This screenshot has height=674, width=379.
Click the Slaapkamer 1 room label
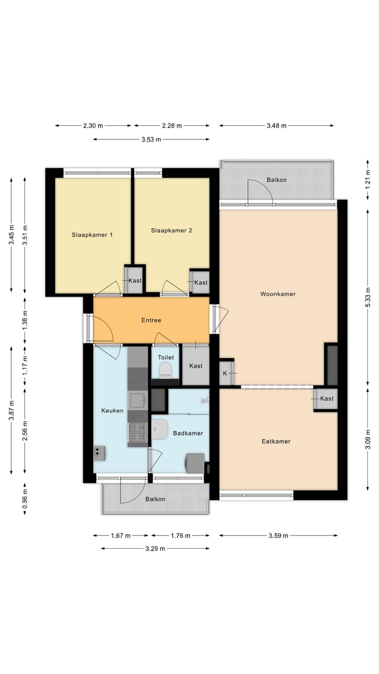tap(92, 235)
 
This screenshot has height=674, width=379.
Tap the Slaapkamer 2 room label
tap(172, 231)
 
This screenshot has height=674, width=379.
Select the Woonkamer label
tap(278, 294)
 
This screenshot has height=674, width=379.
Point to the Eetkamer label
tap(276, 441)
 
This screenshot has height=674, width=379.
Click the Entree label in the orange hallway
tap(151, 320)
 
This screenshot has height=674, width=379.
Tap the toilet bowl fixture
tap(165, 370)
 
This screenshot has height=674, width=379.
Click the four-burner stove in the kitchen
tap(137, 432)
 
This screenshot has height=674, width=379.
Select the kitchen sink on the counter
tap(137, 400)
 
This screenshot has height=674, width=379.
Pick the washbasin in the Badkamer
tap(159, 429)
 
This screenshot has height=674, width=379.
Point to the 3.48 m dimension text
tap(276, 126)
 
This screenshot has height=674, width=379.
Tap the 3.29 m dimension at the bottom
tap(155, 549)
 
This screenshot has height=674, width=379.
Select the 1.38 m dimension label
tap(25, 321)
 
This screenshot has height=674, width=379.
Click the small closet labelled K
tap(226, 373)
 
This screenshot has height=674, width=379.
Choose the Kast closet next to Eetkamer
tap(326, 399)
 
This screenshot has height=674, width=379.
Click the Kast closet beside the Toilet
tap(196, 366)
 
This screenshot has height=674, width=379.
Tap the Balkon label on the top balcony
tap(277, 180)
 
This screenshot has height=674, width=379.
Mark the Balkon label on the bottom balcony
tap(155, 499)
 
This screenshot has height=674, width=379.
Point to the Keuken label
tap(112, 410)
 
